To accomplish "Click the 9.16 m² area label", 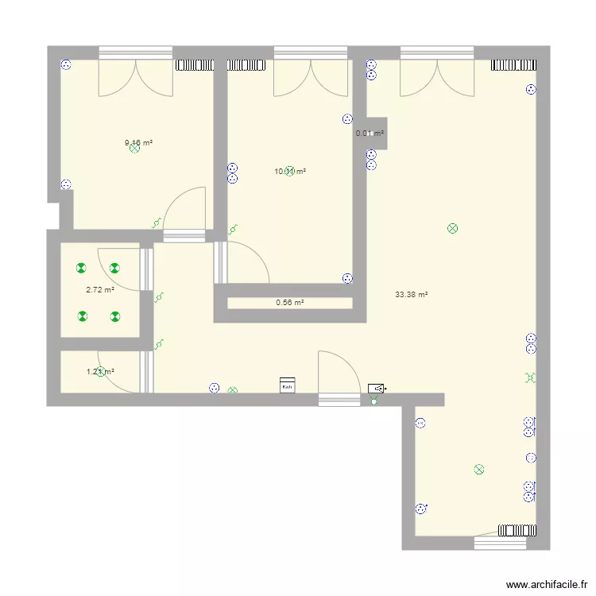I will (x=138, y=143).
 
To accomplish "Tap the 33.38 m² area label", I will (x=411, y=294).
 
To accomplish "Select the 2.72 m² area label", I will (x=99, y=290).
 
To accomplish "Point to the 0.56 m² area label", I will (x=290, y=302).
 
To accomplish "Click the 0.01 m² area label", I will (x=370, y=134).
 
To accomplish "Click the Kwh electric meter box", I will (x=287, y=385).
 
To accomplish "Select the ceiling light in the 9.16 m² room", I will (x=134, y=149).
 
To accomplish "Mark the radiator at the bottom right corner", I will (x=516, y=529).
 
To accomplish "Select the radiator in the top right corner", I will (x=513, y=64).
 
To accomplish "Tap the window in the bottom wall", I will (x=500, y=544).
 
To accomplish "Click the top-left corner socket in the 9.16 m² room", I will (x=67, y=67).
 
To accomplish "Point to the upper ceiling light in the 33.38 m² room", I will (x=452, y=229).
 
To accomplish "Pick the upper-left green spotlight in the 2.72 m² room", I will (x=81, y=269).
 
